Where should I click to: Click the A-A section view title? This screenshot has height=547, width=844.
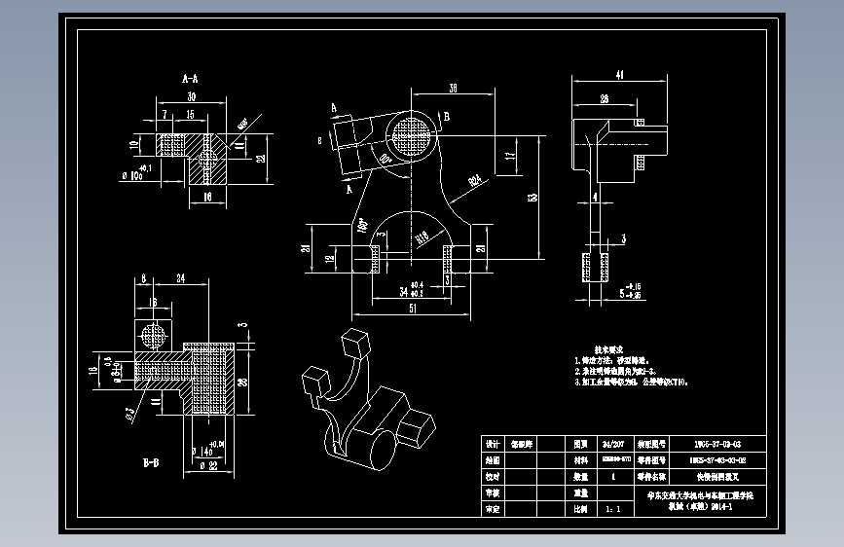pyautogui.click(x=190, y=75)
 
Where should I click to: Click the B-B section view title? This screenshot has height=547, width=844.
pyautogui.click(x=151, y=463)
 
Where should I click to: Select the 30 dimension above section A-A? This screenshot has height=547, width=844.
pyautogui.click(x=191, y=96)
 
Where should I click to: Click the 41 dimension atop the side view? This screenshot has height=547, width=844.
pyautogui.click(x=619, y=74)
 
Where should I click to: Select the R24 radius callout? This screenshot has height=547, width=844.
pyautogui.click(x=474, y=179)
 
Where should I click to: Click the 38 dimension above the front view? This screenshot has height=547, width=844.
pyautogui.click(x=453, y=89)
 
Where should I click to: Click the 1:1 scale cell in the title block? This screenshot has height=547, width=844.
pyautogui.click(x=614, y=508)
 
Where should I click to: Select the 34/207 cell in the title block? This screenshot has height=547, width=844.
pyautogui.click(x=614, y=442)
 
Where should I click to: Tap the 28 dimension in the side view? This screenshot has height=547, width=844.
pyautogui.click(x=605, y=98)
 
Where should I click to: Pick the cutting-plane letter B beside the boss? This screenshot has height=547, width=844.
pyautogui.click(x=447, y=116)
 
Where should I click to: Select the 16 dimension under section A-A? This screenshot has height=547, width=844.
pyautogui.click(x=205, y=196)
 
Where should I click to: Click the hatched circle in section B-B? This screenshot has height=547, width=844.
pyautogui.click(x=154, y=336)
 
